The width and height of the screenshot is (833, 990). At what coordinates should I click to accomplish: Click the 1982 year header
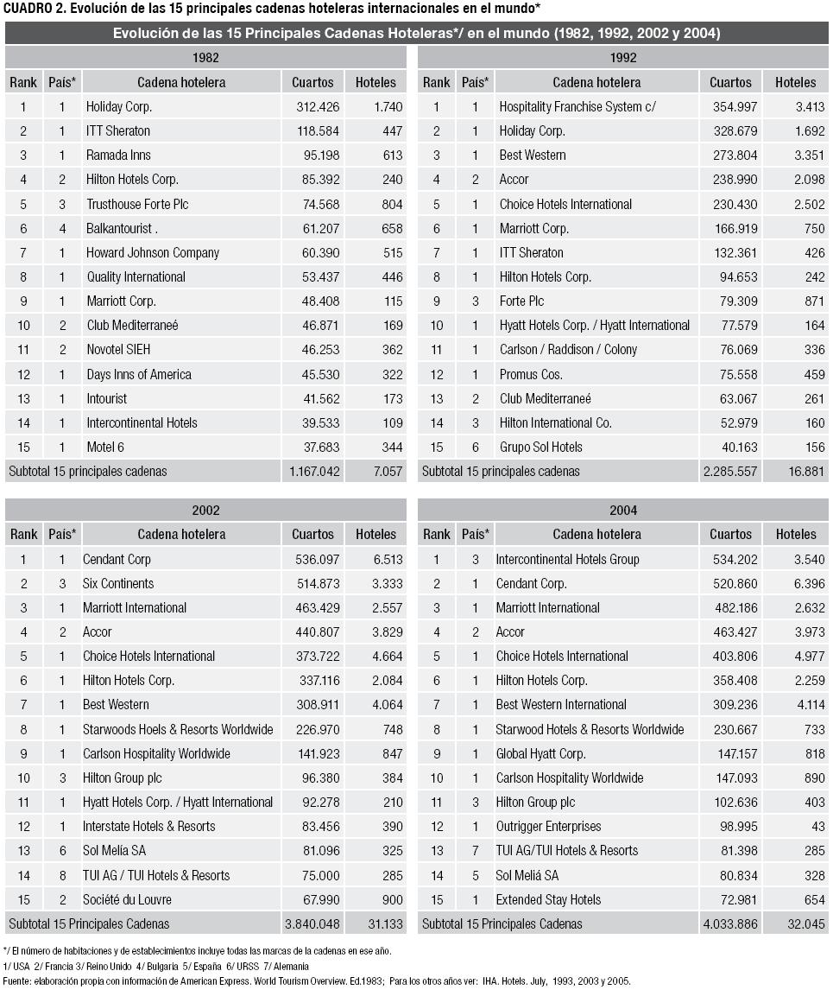[x=205, y=58]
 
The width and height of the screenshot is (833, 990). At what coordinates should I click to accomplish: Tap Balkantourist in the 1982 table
[x=120, y=228]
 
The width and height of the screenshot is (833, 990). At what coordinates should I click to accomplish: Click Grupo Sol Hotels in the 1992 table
[x=540, y=447]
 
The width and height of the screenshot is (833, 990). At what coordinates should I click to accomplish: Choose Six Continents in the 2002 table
[x=118, y=583]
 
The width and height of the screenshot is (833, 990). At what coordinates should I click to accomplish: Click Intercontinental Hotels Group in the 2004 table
[x=567, y=559]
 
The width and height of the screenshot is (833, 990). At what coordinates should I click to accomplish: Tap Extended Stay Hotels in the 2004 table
[x=548, y=899]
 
